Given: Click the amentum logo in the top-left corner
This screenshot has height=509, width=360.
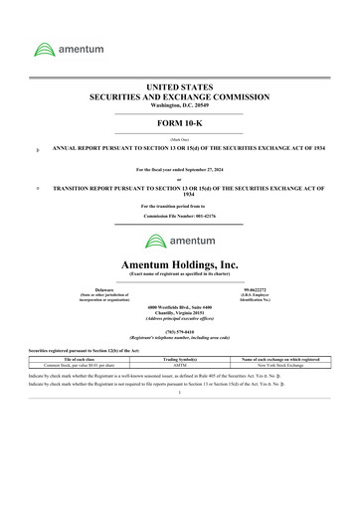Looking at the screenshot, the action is pyautogui.click(x=65, y=49).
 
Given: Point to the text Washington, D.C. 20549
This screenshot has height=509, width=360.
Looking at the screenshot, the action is pyautogui.click(x=179, y=104).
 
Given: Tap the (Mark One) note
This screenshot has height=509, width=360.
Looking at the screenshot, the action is pyautogui.click(x=179, y=140).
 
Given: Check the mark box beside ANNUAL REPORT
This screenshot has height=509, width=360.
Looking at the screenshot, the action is pyautogui.click(x=37, y=148).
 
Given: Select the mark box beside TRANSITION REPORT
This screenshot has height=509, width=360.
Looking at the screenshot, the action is pyautogui.click(x=37, y=186).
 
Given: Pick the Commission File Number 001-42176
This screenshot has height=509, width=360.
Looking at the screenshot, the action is pyautogui.click(x=209, y=216).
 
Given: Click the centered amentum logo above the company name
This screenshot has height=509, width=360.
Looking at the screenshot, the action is pyautogui.click(x=180, y=241).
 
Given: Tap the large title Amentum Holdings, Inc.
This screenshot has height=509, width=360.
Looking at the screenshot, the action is pyautogui.click(x=180, y=263).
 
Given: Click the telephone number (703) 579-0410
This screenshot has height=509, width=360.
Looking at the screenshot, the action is pyautogui.click(x=180, y=332).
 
